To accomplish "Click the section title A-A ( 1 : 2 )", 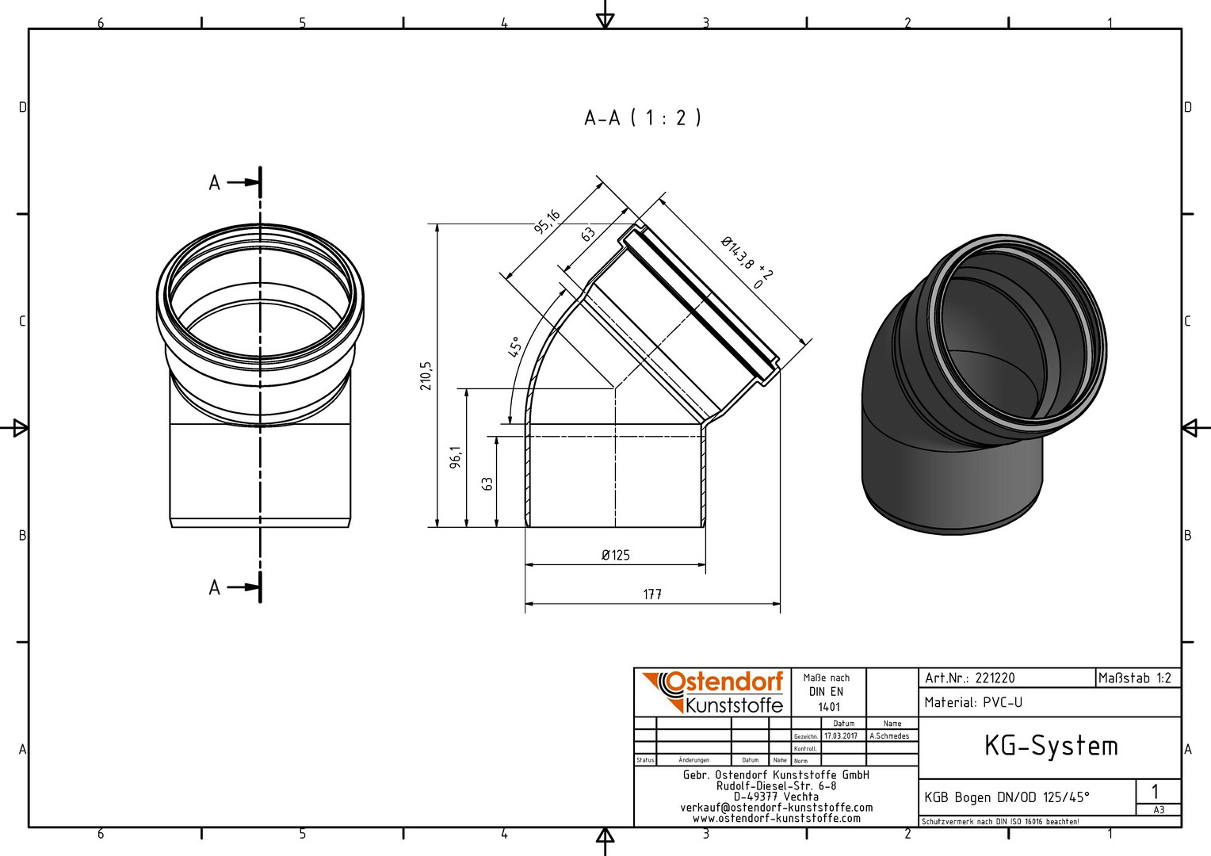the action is coord(642,117).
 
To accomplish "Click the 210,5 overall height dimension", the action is coord(426,376).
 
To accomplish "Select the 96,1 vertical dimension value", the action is coord(457,457).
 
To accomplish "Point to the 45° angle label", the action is coord(514,346).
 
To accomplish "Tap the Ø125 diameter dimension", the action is coord(616,556).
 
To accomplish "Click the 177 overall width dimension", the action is coord(652,594).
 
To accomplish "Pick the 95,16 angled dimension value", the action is coord(547,222).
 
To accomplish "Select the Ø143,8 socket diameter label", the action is coord(742,257).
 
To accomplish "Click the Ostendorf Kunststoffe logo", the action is coord(712,692).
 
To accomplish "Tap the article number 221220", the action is coord(995,678).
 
